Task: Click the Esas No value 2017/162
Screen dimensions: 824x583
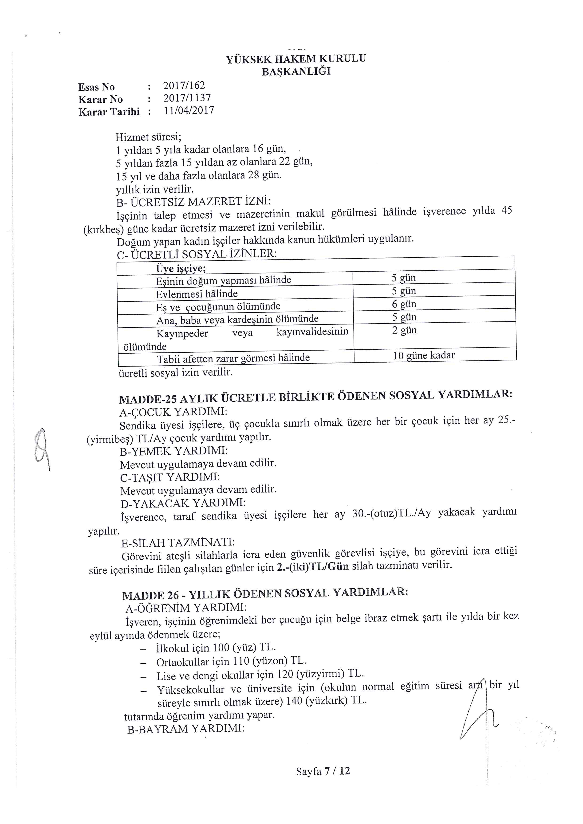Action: (x=184, y=86)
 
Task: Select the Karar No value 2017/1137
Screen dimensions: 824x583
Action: (x=187, y=98)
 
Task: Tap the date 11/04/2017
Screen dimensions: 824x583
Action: (x=189, y=110)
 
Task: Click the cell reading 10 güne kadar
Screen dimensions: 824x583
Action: (x=424, y=355)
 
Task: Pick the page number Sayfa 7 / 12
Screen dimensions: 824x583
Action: (x=323, y=771)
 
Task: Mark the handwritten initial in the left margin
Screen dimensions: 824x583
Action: (x=41, y=449)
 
